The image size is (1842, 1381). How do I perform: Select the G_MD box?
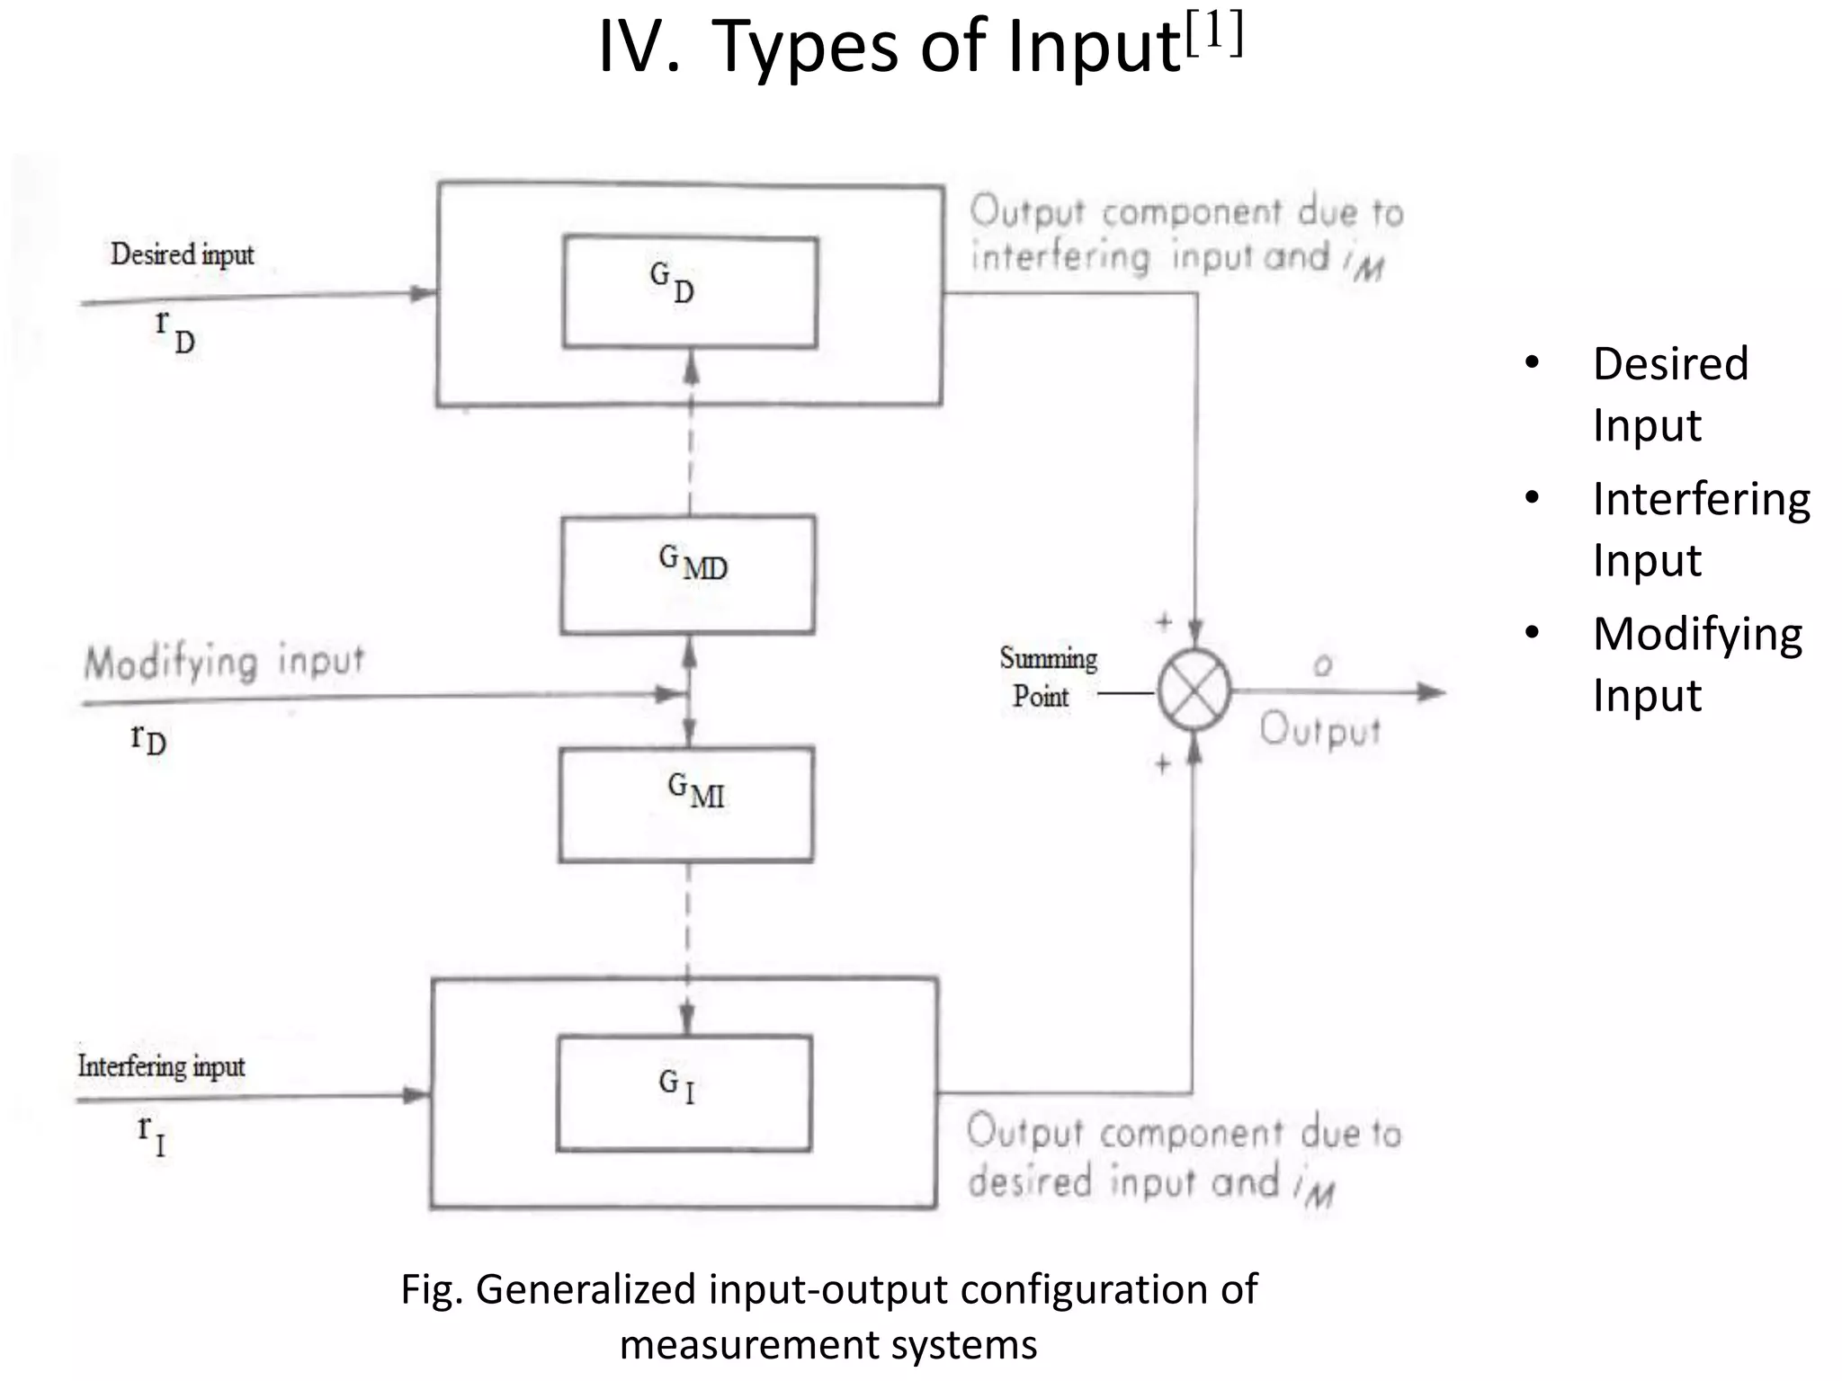click(688, 575)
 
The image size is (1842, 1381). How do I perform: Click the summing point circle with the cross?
click(1194, 691)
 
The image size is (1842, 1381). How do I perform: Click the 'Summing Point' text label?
click(1048, 676)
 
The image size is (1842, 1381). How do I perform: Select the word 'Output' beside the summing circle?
click(1319, 730)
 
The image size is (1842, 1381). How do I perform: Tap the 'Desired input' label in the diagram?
click(183, 254)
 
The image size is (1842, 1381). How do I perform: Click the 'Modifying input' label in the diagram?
click(224, 663)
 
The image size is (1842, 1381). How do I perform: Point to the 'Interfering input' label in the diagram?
click(161, 1066)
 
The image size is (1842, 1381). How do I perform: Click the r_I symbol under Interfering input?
click(151, 1135)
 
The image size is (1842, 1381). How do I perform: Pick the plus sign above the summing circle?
click(1164, 621)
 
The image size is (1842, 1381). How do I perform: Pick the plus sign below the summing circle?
click(1163, 764)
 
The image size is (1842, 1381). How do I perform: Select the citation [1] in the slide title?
click(1214, 35)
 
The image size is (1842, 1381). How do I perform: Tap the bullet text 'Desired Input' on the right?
click(1670, 394)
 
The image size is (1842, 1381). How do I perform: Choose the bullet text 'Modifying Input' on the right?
click(1697, 664)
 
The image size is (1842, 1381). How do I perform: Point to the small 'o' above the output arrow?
click(1322, 666)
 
